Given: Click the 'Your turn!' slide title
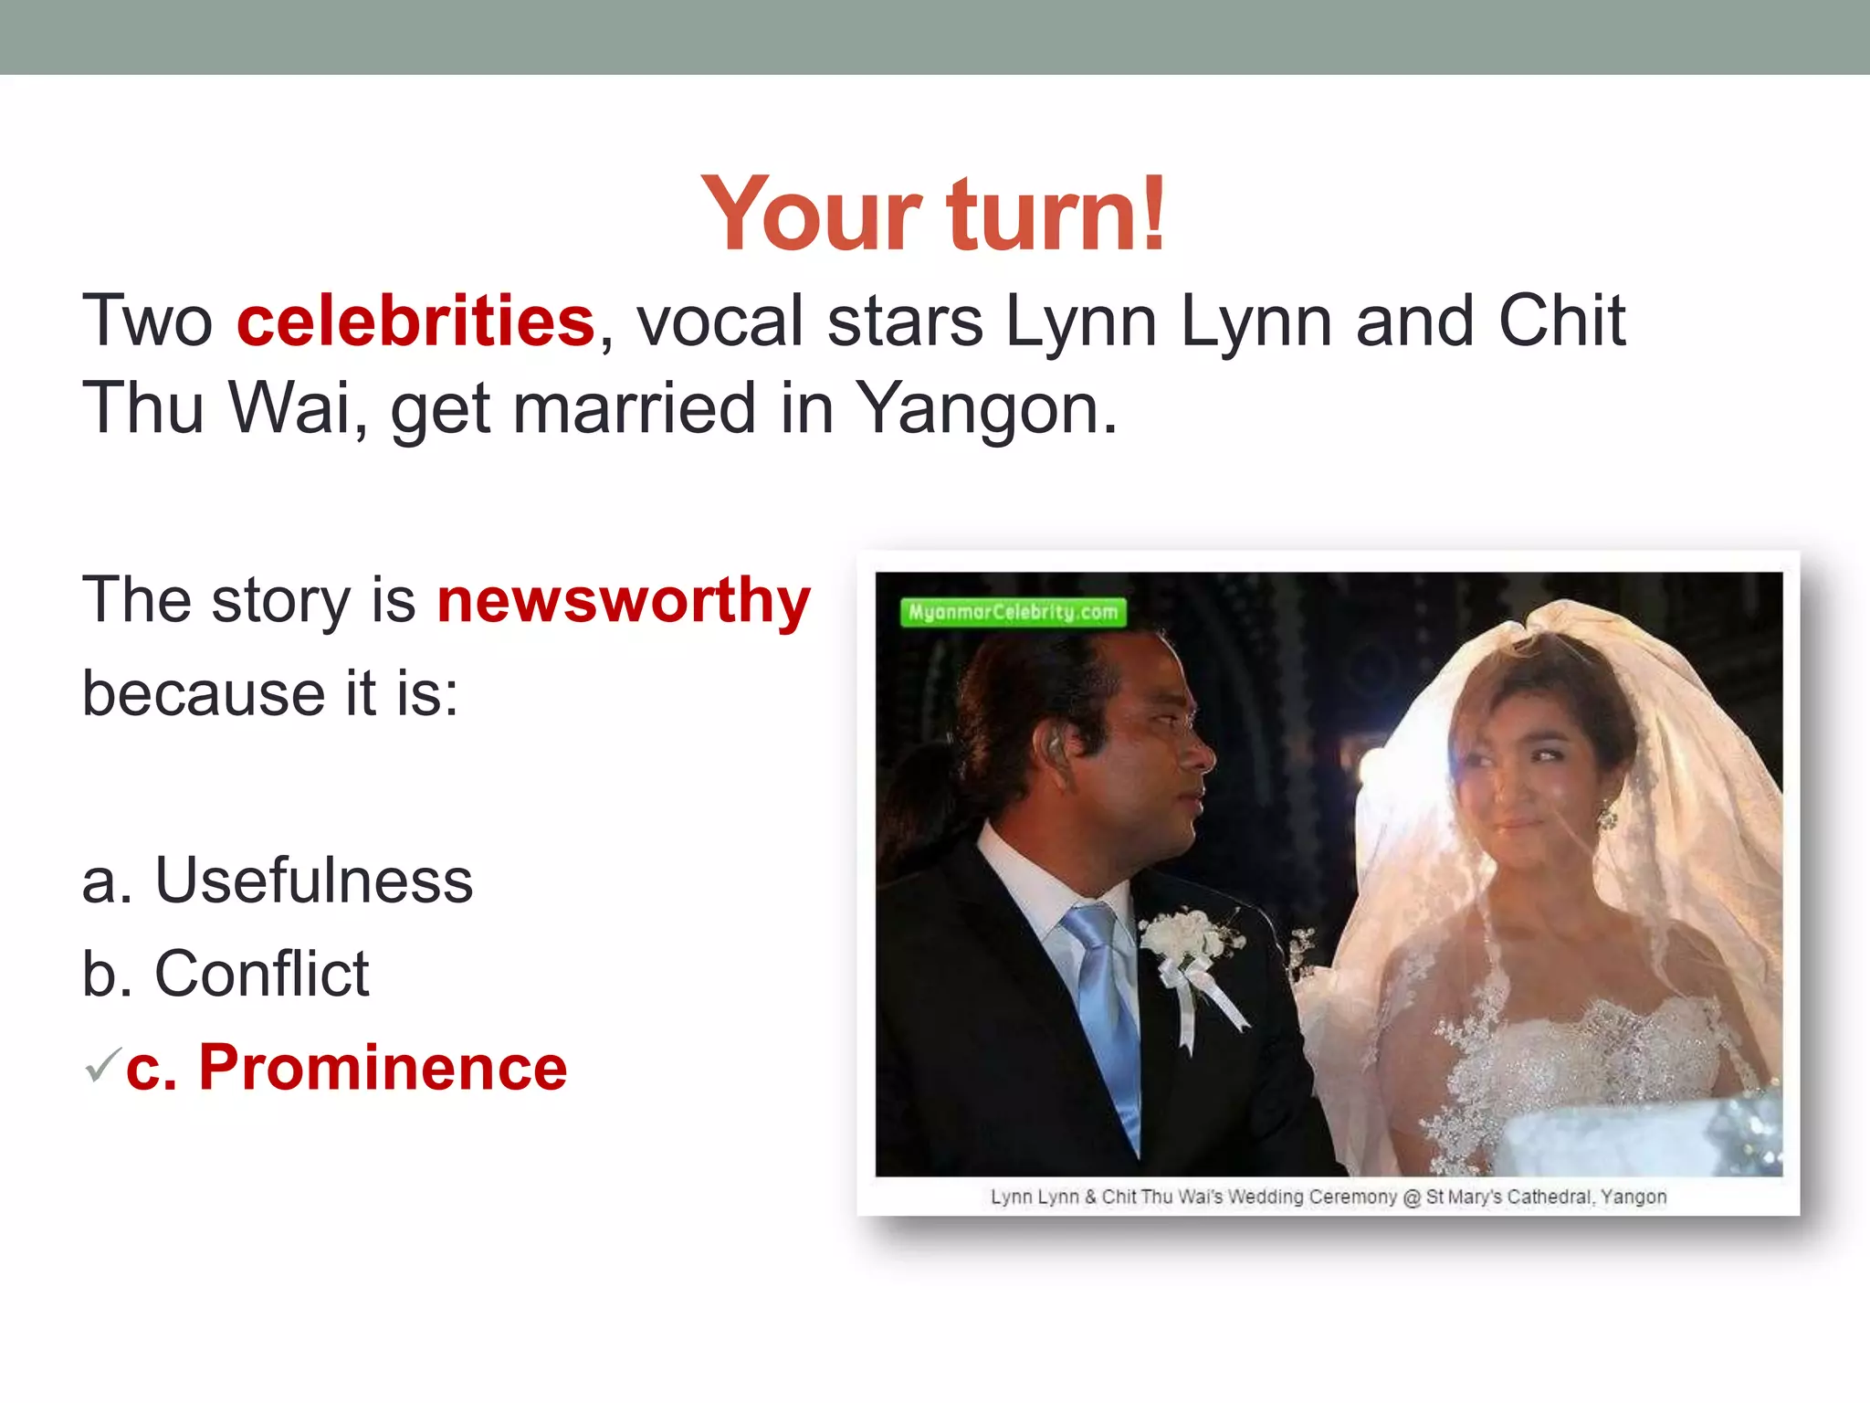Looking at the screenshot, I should pyautogui.click(x=933, y=214).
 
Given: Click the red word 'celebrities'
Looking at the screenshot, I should pyautogui.click(x=415, y=322).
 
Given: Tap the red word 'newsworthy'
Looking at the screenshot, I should pyautogui.click(x=624, y=601).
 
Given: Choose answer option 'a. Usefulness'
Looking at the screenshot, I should pyautogui.click(x=278, y=881).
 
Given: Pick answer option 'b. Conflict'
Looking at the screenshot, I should pyautogui.click(x=226, y=974).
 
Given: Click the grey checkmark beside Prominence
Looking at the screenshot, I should pyautogui.click(x=102, y=1065).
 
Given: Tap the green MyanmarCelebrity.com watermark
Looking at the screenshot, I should pyautogui.click(x=1013, y=612).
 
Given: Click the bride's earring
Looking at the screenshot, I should pyautogui.click(x=1607, y=813).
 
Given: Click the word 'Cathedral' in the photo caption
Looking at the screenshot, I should pyautogui.click(x=1549, y=1197).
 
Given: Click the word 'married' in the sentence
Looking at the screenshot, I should pyautogui.click(x=635, y=409).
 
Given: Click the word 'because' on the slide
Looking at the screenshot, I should pyautogui.click(x=203, y=694).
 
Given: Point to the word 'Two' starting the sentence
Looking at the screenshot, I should pyautogui.click(x=147, y=322).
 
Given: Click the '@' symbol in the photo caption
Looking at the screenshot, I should pyautogui.click(x=1412, y=1197).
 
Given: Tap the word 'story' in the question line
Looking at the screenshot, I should pyautogui.click(x=280, y=601).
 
